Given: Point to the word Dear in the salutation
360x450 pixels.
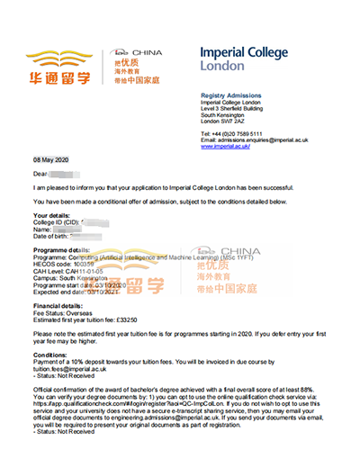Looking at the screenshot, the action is point(40,171).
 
